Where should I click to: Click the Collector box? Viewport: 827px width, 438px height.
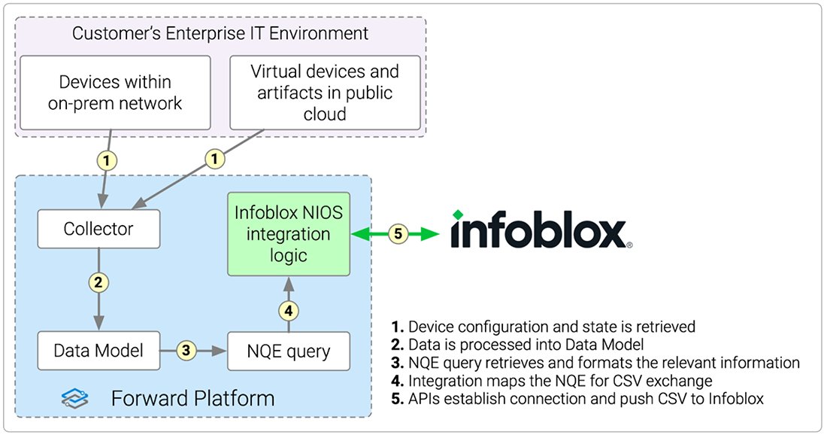tap(98, 229)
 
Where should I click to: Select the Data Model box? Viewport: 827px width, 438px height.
tap(98, 351)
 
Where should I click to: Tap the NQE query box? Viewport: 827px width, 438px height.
tap(289, 351)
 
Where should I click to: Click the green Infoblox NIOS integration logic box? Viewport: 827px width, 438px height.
tap(289, 234)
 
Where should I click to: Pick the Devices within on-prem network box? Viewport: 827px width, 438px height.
tap(115, 93)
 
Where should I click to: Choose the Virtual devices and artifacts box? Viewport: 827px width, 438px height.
tap(324, 93)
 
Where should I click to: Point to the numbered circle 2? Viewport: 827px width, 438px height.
tap(98, 283)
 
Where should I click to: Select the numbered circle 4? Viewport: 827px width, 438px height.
tap(289, 309)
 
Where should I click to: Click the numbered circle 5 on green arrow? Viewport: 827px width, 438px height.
tap(398, 234)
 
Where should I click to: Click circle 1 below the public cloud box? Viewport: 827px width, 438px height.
tap(216, 160)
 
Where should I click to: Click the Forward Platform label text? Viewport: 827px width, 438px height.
tap(192, 397)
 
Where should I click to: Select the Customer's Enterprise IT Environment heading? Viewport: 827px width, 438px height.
tap(220, 34)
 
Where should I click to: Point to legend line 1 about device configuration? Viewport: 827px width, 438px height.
tap(542, 327)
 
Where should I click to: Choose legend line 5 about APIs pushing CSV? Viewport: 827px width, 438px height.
tap(577, 399)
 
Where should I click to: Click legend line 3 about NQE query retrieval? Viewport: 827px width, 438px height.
tap(595, 363)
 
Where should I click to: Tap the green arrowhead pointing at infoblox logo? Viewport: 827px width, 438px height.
tap(433, 234)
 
